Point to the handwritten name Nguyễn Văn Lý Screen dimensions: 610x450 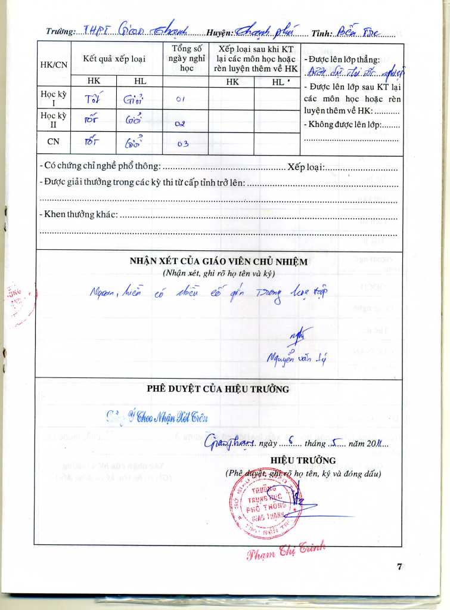pos(296,358)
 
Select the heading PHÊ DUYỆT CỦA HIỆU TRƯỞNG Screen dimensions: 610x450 pos(218,389)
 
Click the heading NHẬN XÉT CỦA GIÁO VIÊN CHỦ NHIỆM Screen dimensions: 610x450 pos(218,261)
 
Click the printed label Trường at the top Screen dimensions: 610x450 pos(60,32)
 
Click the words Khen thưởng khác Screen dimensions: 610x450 pos(78,214)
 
